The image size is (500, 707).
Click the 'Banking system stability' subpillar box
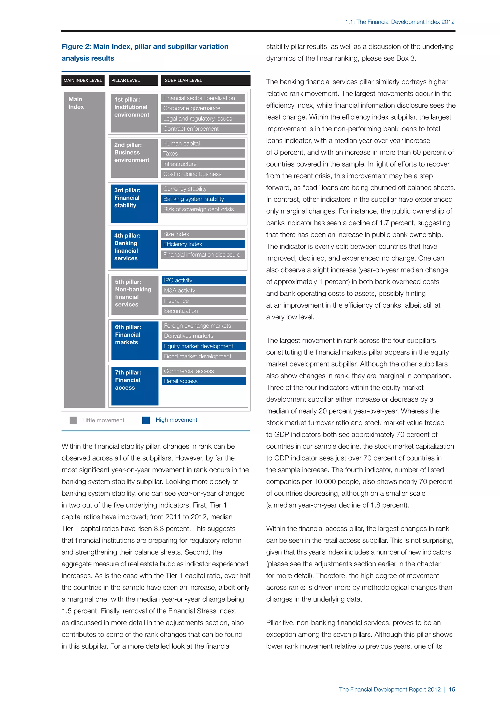[x=203, y=199]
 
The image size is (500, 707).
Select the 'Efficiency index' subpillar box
[x=203, y=244]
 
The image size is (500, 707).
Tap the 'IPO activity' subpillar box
[x=204, y=280]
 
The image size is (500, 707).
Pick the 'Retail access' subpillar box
[x=204, y=381]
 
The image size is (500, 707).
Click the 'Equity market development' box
[x=204, y=346]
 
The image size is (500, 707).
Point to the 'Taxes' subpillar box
[x=203, y=153]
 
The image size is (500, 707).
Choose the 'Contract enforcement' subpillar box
[x=203, y=129]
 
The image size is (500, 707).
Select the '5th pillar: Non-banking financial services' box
[x=135, y=295]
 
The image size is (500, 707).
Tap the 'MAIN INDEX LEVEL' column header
[x=83, y=80]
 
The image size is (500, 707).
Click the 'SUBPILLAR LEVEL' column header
[x=205, y=80]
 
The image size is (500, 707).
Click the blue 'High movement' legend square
[x=146, y=420]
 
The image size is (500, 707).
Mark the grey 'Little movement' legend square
[x=73, y=420]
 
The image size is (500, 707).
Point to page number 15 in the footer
[x=452, y=689]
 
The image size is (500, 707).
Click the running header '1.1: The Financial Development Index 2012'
[x=400, y=22]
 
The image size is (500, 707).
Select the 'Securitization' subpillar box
[x=204, y=311]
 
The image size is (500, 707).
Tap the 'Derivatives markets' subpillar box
[x=204, y=336]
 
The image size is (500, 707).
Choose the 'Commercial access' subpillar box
[x=204, y=371]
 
